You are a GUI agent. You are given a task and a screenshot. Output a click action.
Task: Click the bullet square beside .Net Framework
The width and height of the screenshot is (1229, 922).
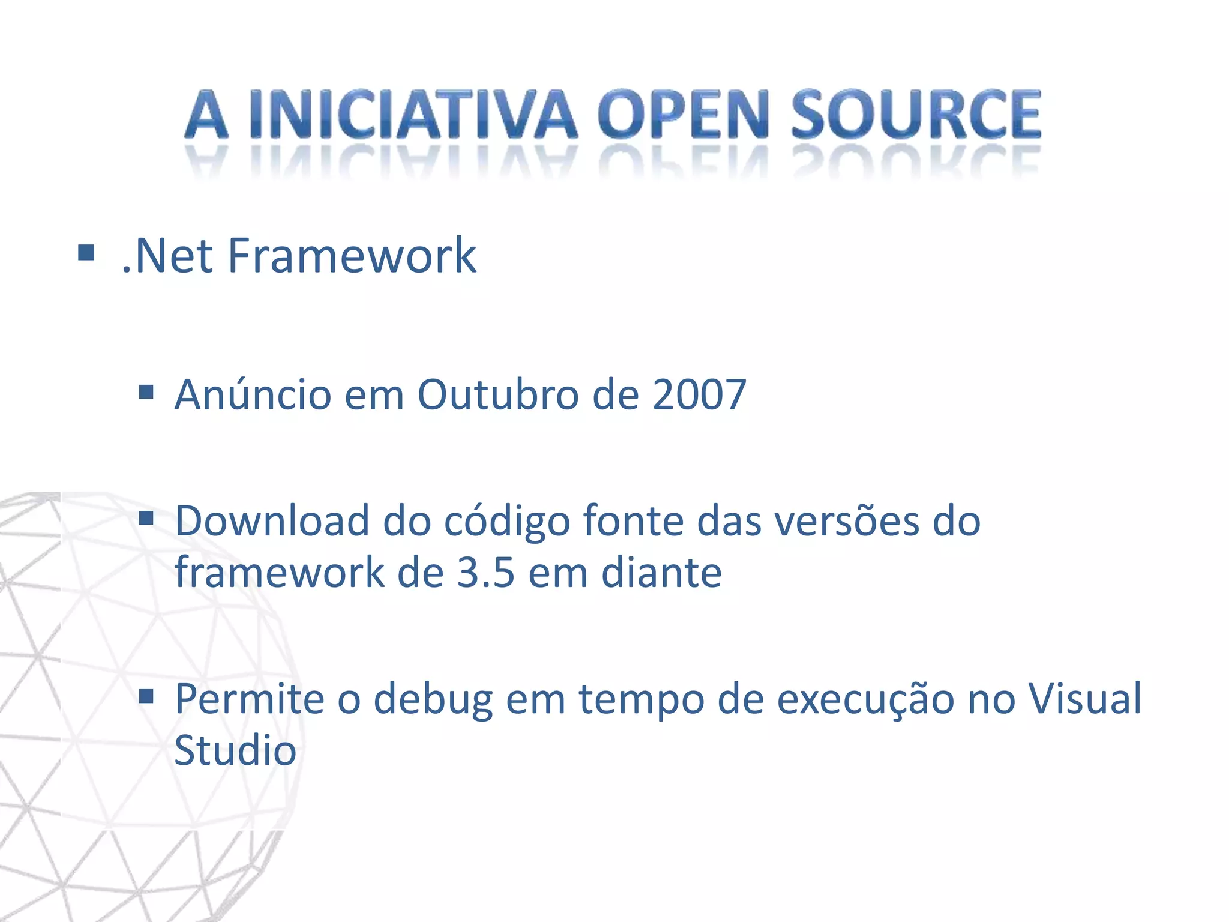click(x=86, y=253)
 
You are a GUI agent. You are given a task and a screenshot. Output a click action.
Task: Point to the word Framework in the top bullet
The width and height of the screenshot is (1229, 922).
click(x=352, y=256)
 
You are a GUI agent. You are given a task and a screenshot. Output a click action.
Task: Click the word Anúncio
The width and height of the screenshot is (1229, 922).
click(x=253, y=394)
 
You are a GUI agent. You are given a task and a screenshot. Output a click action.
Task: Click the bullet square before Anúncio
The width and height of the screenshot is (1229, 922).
click(x=146, y=393)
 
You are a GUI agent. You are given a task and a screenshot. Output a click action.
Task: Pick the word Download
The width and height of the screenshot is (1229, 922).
click(x=271, y=520)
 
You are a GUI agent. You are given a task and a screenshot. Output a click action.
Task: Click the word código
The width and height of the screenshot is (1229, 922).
click(x=506, y=522)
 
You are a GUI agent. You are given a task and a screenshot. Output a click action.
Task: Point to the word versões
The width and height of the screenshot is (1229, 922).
click(x=846, y=520)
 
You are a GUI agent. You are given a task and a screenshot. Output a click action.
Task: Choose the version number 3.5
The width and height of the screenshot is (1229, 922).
click(x=485, y=572)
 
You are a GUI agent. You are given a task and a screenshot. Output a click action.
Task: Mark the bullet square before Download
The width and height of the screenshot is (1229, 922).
click(x=146, y=518)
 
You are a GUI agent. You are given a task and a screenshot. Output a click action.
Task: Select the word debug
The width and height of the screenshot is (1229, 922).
click(x=433, y=700)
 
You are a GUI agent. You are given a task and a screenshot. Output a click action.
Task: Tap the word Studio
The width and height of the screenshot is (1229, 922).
click(x=235, y=750)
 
